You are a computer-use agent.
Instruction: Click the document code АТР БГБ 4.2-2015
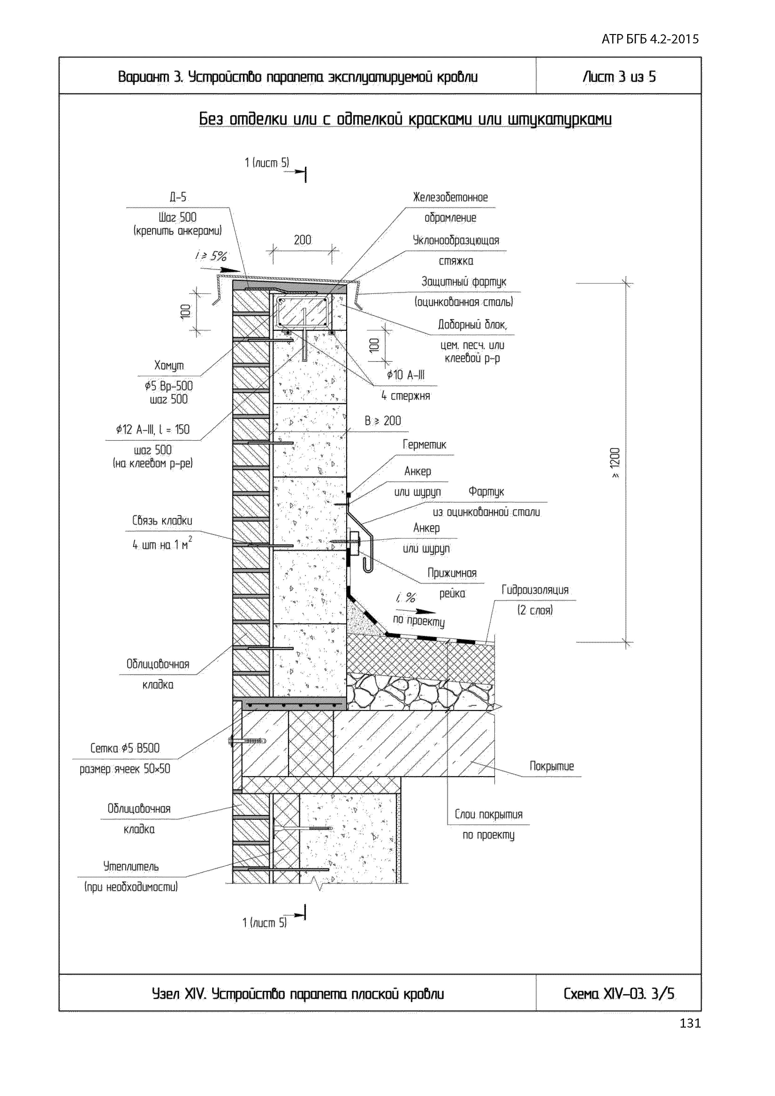650,39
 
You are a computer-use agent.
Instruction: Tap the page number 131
690,1023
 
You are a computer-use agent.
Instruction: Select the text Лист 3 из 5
619,77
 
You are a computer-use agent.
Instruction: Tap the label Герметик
424,445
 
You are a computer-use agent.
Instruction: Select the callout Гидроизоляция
535,590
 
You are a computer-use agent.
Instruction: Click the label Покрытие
552,767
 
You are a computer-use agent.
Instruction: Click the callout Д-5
177,197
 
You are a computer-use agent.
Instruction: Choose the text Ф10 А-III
405,375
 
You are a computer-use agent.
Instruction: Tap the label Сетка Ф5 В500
125,749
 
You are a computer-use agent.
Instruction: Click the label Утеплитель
131,866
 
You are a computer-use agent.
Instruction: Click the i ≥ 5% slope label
211,256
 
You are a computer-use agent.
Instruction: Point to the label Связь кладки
162,521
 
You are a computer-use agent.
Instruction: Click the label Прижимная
452,573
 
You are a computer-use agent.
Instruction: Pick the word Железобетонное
450,198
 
